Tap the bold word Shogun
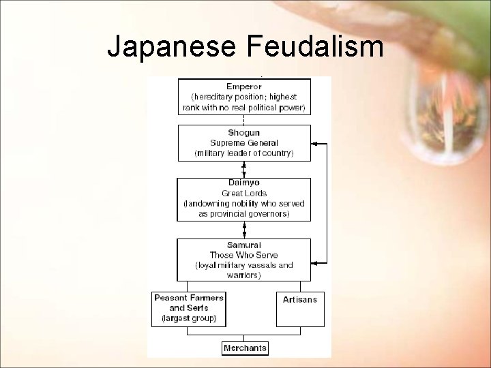[x=244, y=132]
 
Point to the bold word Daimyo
[x=244, y=183]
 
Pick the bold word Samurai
[x=244, y=245]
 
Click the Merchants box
[x=245, y=348]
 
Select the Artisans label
[x=300, y=300]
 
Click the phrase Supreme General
[x=244, y=142]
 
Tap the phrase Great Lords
[x=244, y=193]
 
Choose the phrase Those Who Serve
[x=244, y=255]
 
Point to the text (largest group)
[x=189, y=318]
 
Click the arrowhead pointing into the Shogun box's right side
[x=315, y=144]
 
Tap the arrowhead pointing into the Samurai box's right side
[x=315, y=260]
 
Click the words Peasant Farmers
[x=189, y=298]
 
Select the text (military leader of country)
[x=244, y=153]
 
